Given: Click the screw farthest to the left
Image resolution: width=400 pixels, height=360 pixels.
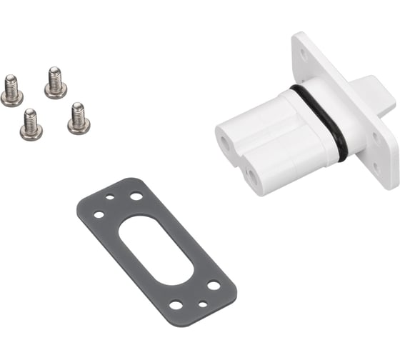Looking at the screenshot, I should (x=11, y=91).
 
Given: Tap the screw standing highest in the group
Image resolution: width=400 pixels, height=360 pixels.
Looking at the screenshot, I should (x=55, y=83).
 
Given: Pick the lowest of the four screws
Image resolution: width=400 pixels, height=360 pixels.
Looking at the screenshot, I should (x=31, y=125).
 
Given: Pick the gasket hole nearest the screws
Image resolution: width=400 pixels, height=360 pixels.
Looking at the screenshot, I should (x=99, y=214).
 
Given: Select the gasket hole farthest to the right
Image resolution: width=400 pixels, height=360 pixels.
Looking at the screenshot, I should (x=214, y=285).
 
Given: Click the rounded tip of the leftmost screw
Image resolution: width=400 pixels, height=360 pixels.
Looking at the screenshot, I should (x=10, y=80).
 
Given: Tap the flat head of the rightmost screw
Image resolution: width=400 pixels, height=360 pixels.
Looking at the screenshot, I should (x=79, y=126).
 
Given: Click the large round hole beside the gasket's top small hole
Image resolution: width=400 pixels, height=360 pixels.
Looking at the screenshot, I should (x=135, y=196).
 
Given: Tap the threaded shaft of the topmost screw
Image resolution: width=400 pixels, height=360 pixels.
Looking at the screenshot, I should (x=54, y=76).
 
